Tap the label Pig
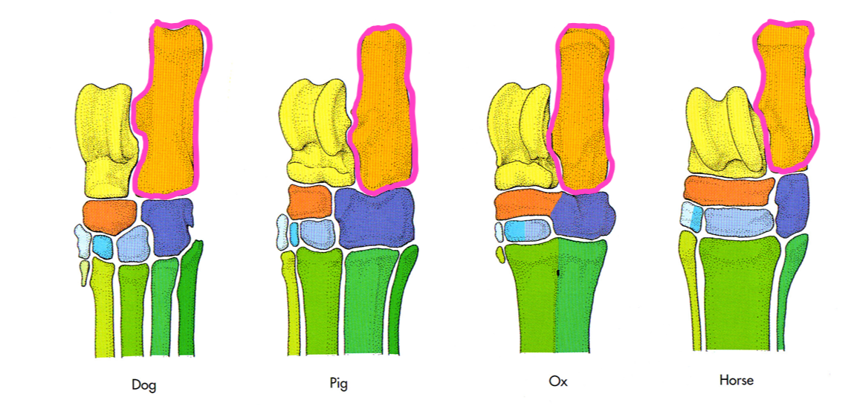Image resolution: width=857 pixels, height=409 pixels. coord(338,384)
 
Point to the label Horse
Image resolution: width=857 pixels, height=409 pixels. coord(736,380)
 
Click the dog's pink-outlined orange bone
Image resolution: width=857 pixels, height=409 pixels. coord(169,112)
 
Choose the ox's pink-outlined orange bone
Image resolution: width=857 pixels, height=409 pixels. coord(583,108)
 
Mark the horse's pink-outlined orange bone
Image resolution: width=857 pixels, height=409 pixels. coord(785,97)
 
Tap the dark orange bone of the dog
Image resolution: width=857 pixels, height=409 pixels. coord(109,216)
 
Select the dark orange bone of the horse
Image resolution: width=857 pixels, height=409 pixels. coord(725,191)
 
